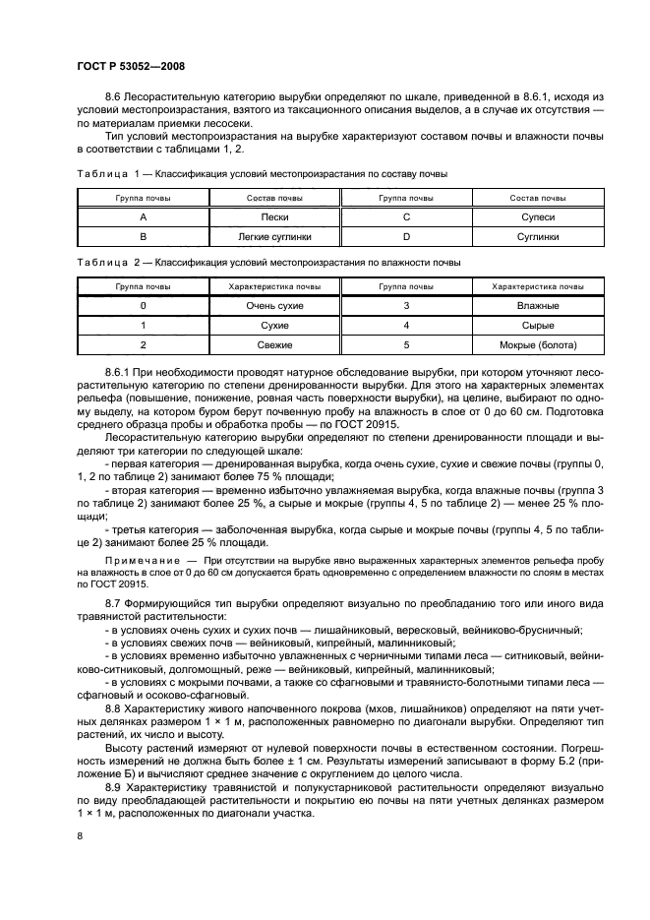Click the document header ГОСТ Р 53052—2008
click(130, 66)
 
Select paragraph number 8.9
click(114, 788)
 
